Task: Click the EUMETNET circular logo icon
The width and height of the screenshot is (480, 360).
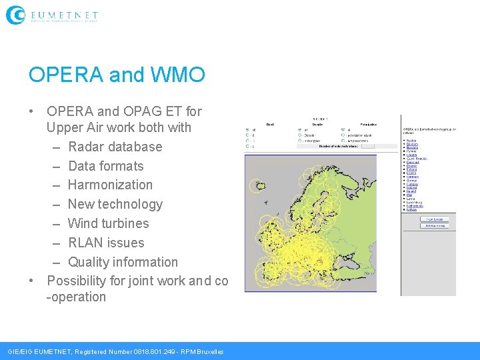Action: pos(15,15)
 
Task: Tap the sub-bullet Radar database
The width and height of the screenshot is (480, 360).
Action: pos(115,147)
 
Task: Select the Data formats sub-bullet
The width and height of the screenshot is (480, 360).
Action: pos(105,166)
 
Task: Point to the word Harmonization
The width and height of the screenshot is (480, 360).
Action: pos(110,185)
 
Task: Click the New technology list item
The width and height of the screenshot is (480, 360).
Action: pos(115,204)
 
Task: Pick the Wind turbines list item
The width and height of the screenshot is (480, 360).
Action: pos(108,223)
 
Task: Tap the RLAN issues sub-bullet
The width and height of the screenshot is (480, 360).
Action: pos(106,243)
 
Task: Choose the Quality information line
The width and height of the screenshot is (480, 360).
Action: pos(123,262)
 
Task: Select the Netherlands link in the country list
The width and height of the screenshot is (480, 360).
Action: pos(415,206)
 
